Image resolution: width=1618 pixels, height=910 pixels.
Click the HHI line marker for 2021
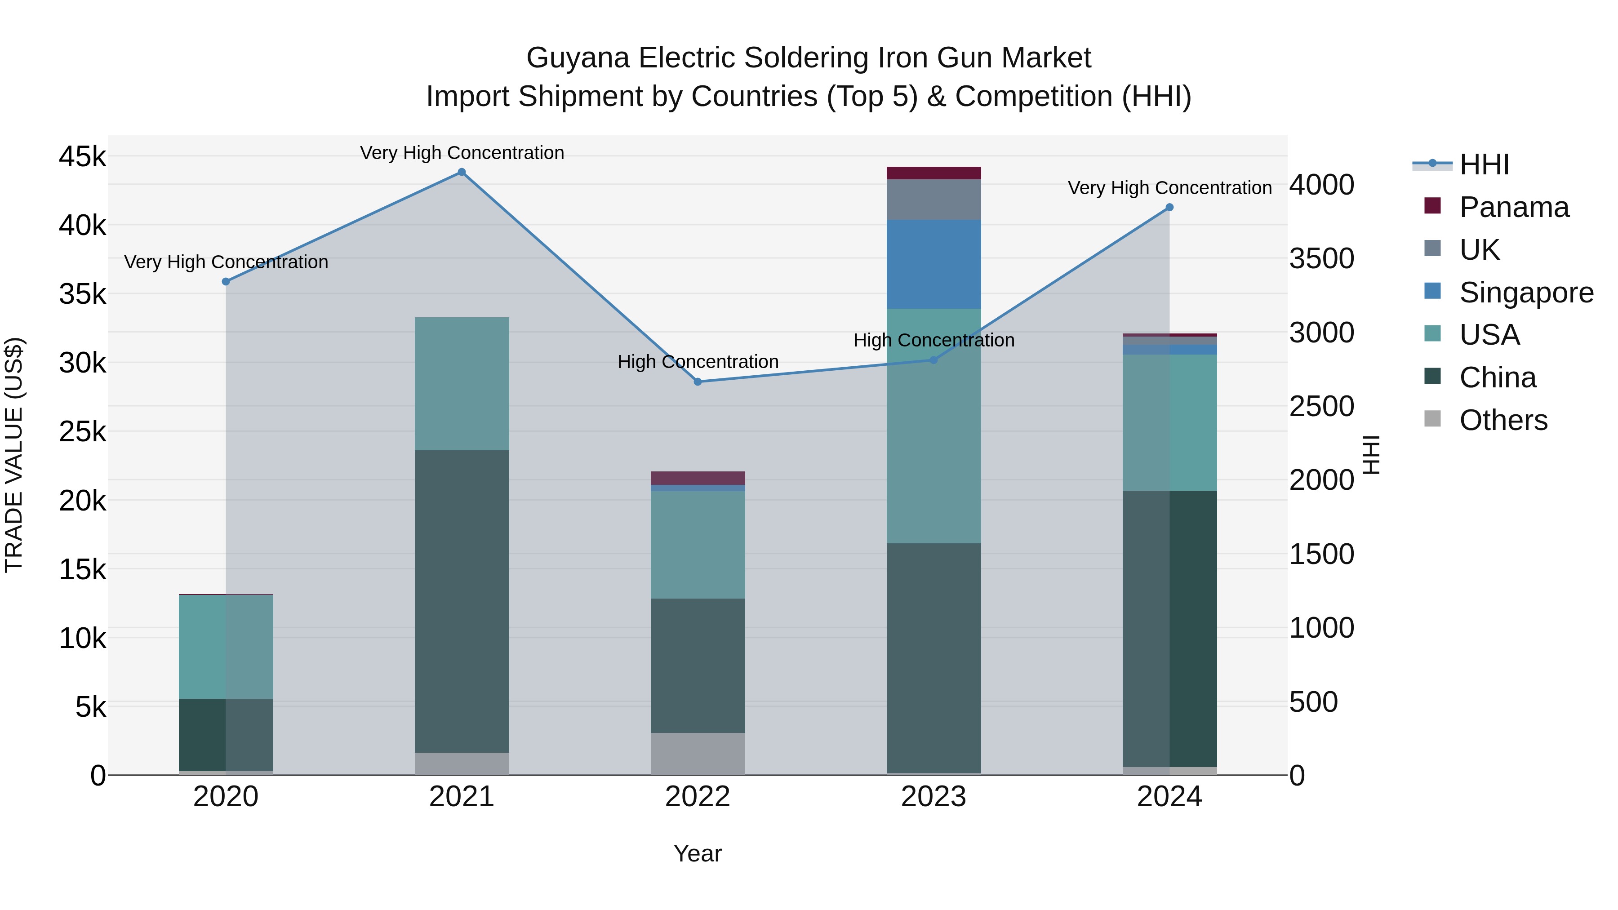tap(462, 172)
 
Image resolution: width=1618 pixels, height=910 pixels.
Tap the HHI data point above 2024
tap(1169, 207)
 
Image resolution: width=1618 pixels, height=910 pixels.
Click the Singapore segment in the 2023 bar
tap(933, 264)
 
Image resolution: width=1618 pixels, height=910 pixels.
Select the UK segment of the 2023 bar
tap(933, 200)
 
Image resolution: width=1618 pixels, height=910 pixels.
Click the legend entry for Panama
tap(1514, 207)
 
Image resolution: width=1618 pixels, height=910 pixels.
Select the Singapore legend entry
tap(1526, 293)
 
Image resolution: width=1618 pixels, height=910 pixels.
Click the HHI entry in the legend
tap(1484, 164)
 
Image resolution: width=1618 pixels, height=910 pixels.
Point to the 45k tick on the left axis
tap(82, 156)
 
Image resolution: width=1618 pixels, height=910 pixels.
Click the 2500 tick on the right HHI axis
tap(1321, 406)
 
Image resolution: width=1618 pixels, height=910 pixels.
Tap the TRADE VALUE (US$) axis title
tap(14, 455)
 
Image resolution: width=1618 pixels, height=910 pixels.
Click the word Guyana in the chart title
tap(577, 58)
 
